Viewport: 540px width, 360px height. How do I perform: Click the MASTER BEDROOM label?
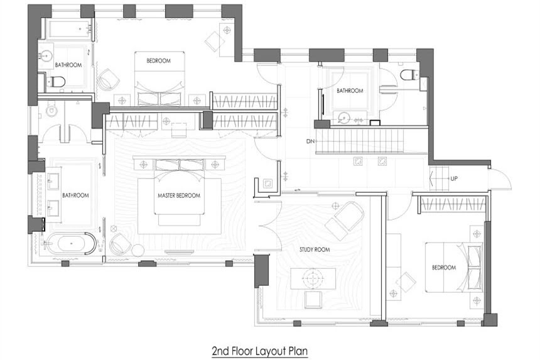179,195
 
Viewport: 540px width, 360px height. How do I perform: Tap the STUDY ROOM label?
315,249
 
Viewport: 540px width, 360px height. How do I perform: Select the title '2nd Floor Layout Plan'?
260,351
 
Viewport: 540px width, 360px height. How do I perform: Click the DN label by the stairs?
310,141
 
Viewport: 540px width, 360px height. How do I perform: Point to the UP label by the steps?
454,178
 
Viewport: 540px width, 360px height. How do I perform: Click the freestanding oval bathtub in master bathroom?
70,244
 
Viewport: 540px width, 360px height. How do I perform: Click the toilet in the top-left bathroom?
56,82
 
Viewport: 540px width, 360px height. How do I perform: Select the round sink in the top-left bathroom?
46,55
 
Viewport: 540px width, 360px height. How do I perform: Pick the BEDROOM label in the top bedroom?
158,61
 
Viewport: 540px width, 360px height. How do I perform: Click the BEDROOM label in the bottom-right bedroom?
444,268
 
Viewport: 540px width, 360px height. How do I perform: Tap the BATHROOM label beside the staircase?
350,90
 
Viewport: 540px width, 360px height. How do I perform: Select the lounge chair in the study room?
344,221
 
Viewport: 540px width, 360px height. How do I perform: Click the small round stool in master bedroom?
138,250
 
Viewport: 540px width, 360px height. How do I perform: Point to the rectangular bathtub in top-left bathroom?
70,30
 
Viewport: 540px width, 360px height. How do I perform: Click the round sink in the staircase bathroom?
343,118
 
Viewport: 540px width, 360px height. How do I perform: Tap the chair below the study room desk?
313,299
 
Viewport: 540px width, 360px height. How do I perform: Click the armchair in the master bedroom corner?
119,244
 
